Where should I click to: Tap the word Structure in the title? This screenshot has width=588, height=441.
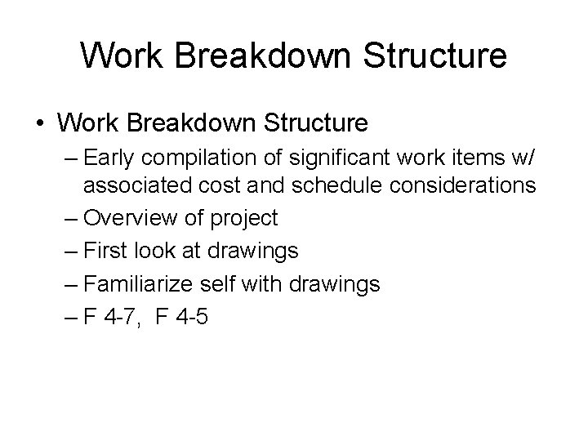pos(438,56)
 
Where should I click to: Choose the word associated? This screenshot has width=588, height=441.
pos(140,187)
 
